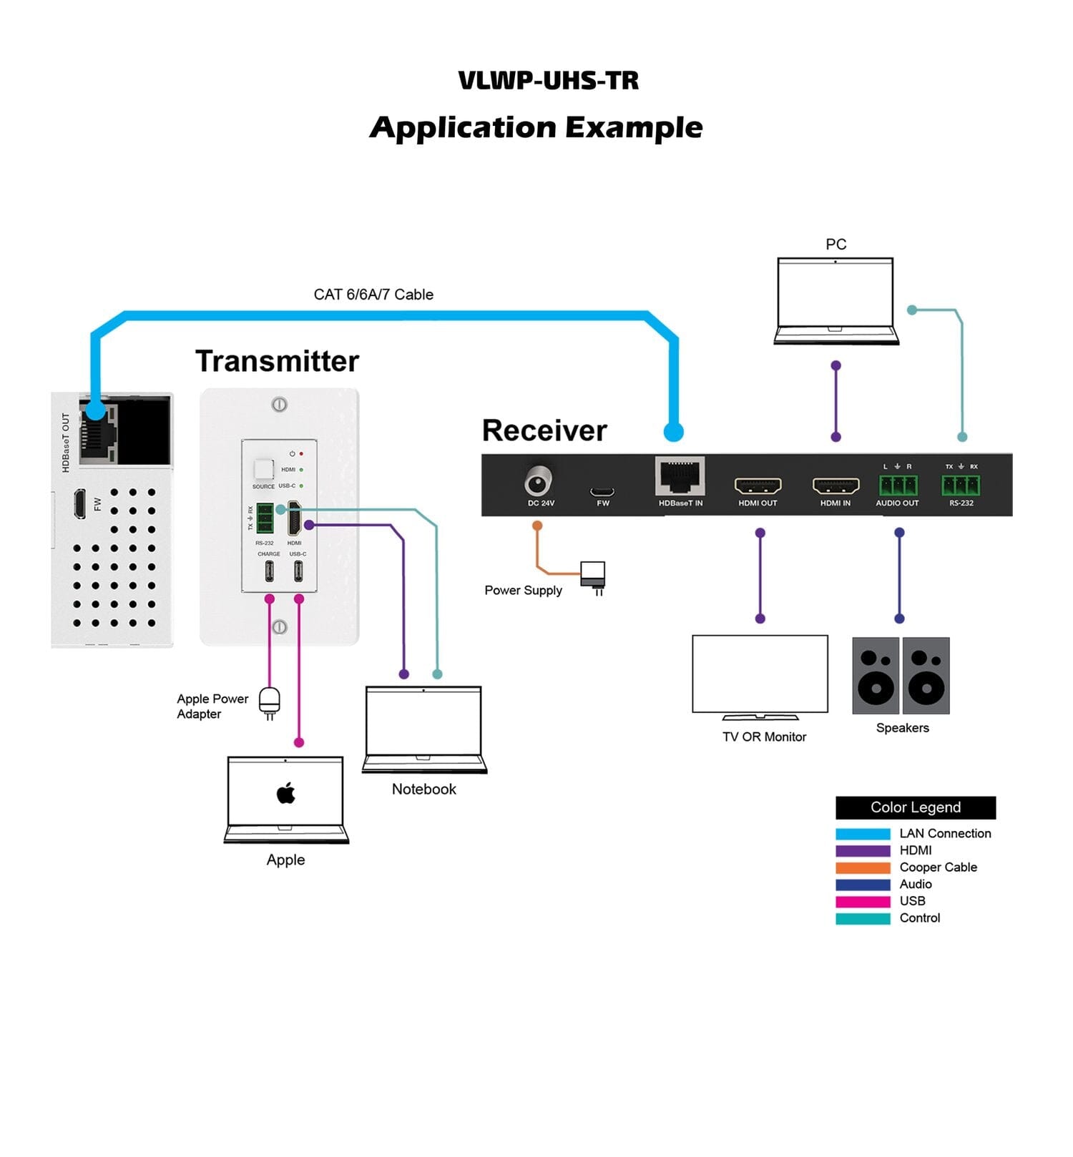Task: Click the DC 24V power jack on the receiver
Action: coord(538,481)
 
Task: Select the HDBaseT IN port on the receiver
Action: coord(680,477)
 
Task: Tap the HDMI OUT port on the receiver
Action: coord(758,486)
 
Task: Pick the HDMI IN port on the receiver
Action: coord(836,486)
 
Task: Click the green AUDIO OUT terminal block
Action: coord(898,486)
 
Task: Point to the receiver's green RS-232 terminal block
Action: coord(961,486)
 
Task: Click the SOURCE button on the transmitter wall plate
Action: coord(263,469)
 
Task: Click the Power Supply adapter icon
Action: coord(593,575)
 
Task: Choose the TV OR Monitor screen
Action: coord(760,674)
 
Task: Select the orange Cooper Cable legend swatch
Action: coord(863,867)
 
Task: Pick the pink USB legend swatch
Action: coord(863,901)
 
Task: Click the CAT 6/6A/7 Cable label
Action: coord(373,295)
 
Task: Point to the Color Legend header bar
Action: coord(916,807)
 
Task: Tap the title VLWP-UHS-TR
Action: coord(548,80)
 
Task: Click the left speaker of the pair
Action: coord(876,676)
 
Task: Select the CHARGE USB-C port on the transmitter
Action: coord(269,571)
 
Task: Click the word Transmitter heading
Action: coord(277,361)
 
